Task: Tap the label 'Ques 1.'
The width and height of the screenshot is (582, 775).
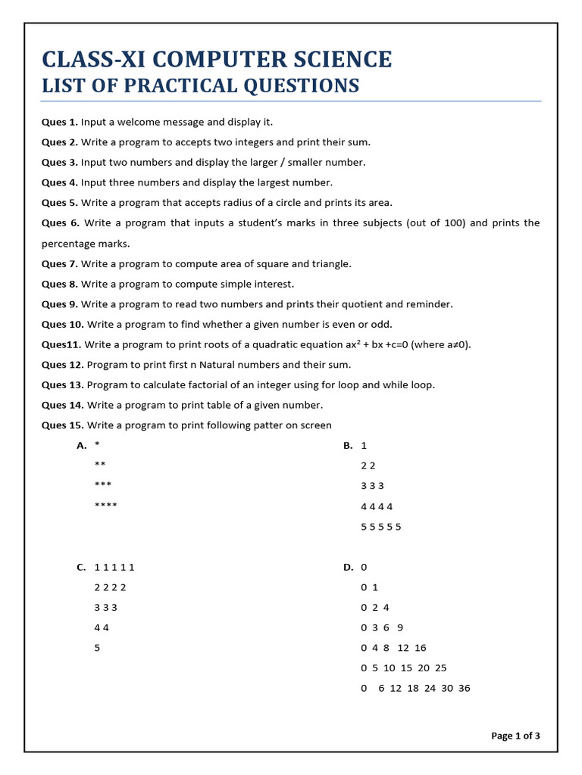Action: pyautogui.click(x=59, y=122)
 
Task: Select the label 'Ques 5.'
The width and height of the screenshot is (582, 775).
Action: pyautogui.click(x=59, y=203)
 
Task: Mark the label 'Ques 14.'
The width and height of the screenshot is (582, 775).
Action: pyautogui.click(x=62, y=405)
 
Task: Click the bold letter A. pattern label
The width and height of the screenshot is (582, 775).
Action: pyautogui.click(x=82, y=446)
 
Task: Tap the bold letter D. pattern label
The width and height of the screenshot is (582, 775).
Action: pyautogui.click(x=349, y=567)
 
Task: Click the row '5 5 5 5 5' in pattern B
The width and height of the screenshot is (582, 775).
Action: pyautogui.click(x=381, y=527)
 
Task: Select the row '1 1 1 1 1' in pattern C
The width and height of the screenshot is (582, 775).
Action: pyautogui.click(x=114, y=567)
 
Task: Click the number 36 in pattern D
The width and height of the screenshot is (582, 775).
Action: pyautogui.click(x=465, y=688)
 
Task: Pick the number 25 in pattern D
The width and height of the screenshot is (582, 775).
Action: pyautogui.click(x=441, y=668)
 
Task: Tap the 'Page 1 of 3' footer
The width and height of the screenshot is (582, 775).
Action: pyautogui.click(x=515, y=736)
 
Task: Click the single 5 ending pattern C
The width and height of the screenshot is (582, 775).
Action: pyautogui.click(x=98, y=648)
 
